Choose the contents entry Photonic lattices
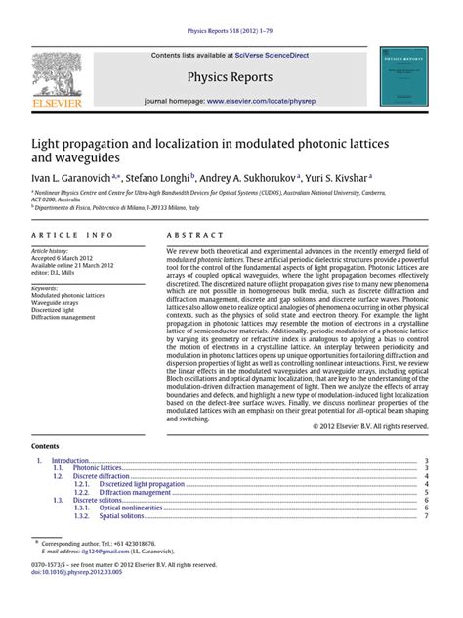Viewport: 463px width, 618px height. (102, 468)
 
